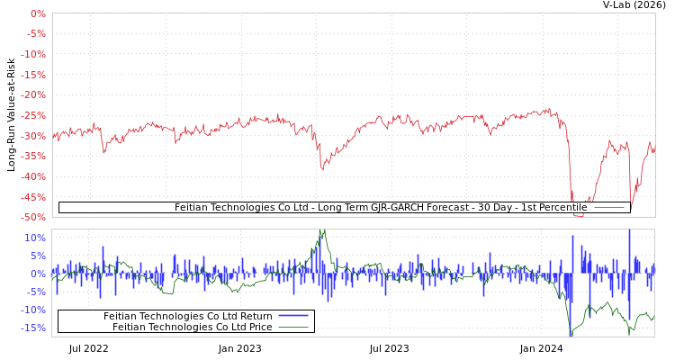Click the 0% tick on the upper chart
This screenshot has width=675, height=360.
tap(38, 14)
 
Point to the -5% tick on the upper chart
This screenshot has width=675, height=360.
tap(36, 34)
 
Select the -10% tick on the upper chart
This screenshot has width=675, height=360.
tap(33, 55)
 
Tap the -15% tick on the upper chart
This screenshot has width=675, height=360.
tap(33, 75)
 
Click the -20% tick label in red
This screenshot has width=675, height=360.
tap(33, 95)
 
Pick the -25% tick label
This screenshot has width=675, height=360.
tap(33, 115)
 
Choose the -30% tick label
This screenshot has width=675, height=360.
tap(33, 136)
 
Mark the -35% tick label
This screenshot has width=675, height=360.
tap(33, 156)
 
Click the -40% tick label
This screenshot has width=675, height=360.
tap(33, 176)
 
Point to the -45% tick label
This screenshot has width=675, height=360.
tap(33, 196)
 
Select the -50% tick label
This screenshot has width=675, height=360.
tap(33, 217)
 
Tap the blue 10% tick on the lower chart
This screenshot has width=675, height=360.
tap(35, 238)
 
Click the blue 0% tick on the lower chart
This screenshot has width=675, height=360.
tap(38, 274)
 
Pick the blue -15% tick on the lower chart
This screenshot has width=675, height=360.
tap(33, 328)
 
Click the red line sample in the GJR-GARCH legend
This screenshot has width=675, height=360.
tap(609, 208)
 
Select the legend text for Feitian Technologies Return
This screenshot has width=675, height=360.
tap(187, 316)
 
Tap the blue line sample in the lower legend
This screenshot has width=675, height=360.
tap(293, 316)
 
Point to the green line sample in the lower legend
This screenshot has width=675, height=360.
tap(293, 327)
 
